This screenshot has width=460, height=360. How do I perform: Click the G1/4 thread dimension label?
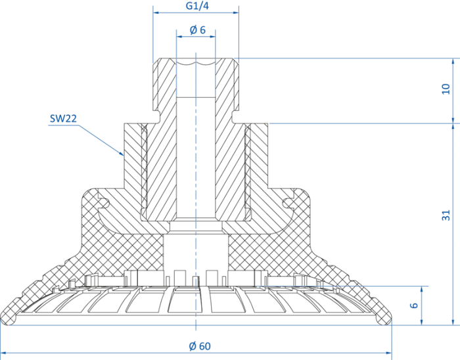197,6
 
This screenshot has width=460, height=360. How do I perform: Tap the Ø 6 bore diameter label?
197,30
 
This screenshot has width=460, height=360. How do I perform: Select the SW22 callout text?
63,118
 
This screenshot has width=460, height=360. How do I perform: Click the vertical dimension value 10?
446,89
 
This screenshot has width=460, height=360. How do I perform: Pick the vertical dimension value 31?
446,215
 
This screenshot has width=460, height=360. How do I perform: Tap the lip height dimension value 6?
413,305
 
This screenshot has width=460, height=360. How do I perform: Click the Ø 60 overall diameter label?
200,346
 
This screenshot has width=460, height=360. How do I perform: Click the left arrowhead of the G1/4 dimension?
156,12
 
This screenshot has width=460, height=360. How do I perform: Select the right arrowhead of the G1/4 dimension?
236,12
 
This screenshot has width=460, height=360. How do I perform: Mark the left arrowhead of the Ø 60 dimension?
3,353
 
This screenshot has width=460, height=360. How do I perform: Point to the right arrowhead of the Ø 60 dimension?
389,353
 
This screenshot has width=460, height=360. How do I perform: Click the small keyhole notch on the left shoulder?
104,202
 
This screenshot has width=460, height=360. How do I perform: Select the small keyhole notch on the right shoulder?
288,202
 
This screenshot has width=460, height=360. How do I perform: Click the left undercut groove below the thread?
156,117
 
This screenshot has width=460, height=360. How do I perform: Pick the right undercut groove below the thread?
235,117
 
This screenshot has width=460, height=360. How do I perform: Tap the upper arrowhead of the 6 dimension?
422,289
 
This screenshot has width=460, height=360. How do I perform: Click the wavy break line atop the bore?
196,62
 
